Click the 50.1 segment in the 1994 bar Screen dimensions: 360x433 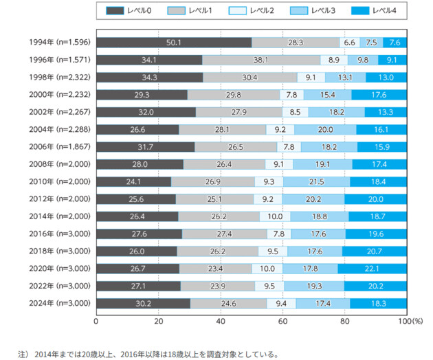[174, 42]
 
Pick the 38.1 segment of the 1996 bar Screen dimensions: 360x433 [261, 60]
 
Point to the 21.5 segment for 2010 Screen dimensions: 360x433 [317, 181]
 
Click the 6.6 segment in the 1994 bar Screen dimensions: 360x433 [349, 42]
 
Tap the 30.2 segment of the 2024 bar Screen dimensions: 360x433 [143, 302]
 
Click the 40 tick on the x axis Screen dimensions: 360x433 [221, 320]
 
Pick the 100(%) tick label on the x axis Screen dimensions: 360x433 [409, 320]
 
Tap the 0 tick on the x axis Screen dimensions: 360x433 [96, 320]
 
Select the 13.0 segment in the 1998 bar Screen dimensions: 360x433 [386, 77]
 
